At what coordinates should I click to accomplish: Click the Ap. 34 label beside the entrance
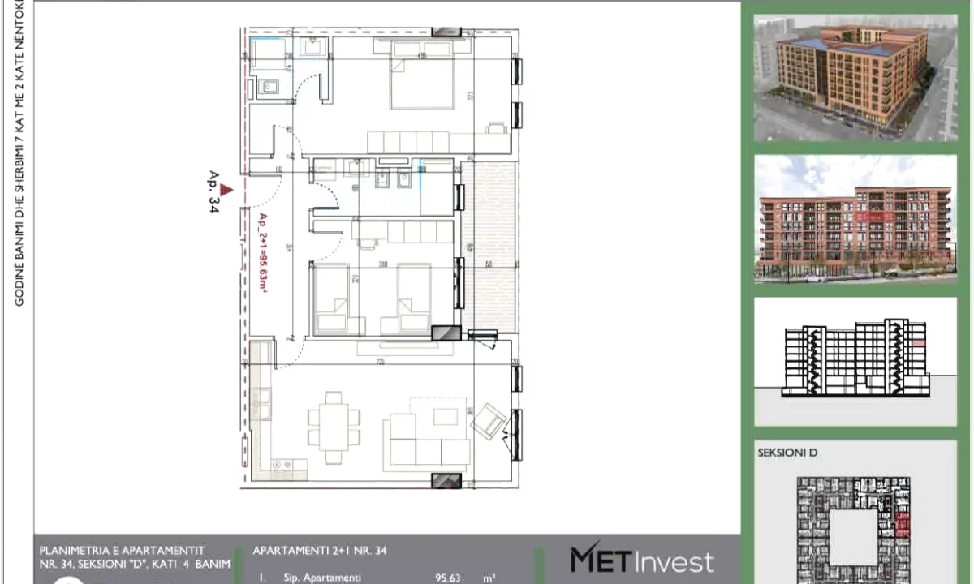pyautogui.click(x=214, y=192)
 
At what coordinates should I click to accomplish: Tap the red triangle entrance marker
pyautogui.click(x=227, y=190)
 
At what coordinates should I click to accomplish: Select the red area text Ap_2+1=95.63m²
pyautogui.click(x=263, y=255)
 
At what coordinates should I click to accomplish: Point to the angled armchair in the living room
pyautogui.click(x=490, y=421)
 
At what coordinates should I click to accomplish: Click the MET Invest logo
pyautogui.click(x=641, y=560)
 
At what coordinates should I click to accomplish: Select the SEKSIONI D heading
pyautogui.click(x=787, y=453)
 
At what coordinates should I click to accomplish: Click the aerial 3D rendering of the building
pyautogui.click(x=855, y=77)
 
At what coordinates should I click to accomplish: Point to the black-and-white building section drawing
pyautogui.click(x=855, y=361)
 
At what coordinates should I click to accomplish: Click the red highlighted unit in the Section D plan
pyautogui.click(x=903, y=527)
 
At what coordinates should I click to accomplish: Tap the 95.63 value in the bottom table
pyautogui.click(x=447, y=578)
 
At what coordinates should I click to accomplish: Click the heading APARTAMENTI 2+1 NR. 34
pyautogui.click(x=320, y=551)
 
